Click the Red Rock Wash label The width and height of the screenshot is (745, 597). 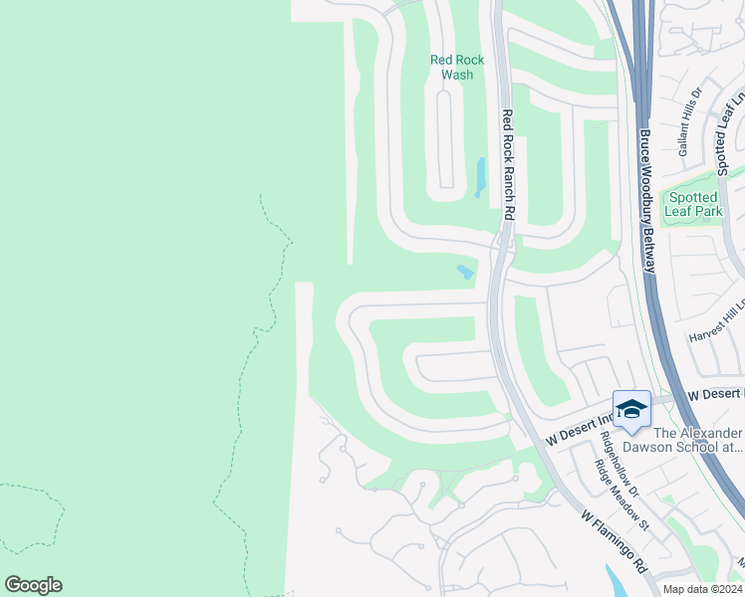click(x=457, y=67)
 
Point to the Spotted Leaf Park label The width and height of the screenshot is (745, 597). click(x=693, y=205)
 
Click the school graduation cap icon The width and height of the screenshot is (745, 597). click(x=630, y=408)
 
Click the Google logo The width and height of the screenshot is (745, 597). click(x=33, y=585)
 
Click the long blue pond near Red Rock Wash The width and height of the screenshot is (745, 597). click(x=481, y=177)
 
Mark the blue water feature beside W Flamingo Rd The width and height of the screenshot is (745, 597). click(x=617, y=581)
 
